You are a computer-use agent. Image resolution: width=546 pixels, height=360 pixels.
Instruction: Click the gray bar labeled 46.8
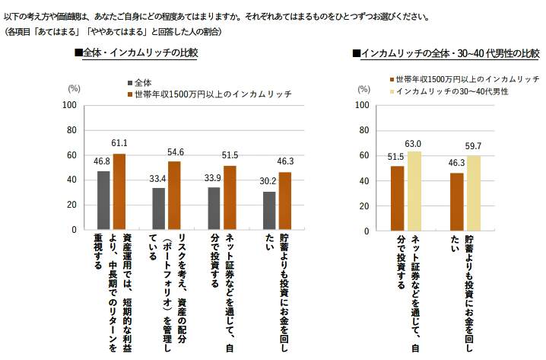pyautogui.click(x=103, y=200)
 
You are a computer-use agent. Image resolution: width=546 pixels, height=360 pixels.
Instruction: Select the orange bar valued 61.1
pyautogui.click(x=119, y=191)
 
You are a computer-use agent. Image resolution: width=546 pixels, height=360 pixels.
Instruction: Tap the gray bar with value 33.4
pyautogui.click(x=158, y=209)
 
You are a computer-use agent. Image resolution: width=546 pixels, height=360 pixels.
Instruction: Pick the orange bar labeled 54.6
pyautogui.click(x=174, y=196)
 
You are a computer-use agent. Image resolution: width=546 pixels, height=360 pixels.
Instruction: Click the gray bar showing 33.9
pyautogui.click(x=214, y=208)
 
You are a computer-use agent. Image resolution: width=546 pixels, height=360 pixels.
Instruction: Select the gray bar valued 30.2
pyautogui.click(x=268, y=210)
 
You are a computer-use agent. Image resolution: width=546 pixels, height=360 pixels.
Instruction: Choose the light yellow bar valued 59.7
pyautogui.click(x=474, y=193)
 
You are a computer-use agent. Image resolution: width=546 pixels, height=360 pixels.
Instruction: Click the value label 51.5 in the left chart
pyautogui.click(x=230, y=156)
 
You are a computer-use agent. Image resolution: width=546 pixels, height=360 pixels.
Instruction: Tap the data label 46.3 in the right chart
pyautogui.click(x=457, y=163)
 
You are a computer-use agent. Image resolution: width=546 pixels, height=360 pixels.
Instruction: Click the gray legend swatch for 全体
pyautogui.click(x=130, y=82)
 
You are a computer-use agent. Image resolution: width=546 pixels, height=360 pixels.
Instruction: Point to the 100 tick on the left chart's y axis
pyautogui.click(x=68, y=105)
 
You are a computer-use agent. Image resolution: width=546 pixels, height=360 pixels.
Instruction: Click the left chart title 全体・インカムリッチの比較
pyautogui.click(x=135, y=53)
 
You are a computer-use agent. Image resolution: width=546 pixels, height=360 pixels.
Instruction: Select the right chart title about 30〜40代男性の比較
pyautogui.click(x=446, y=53)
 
